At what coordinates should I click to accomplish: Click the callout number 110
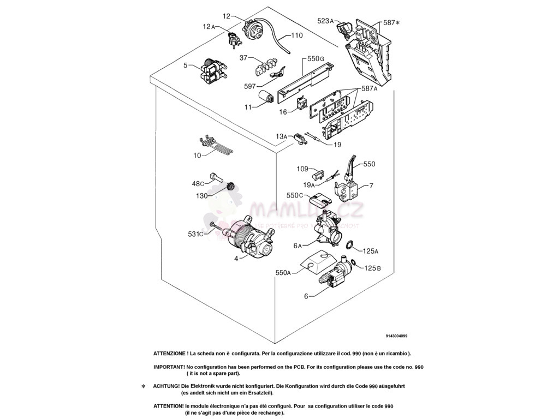(296, 35)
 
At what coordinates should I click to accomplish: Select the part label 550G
(316, 58)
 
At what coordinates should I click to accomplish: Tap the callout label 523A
(325, 21)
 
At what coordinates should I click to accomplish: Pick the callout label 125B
(372, 268)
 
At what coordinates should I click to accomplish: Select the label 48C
(198, 183)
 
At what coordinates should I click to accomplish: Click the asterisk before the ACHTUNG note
(144, 387)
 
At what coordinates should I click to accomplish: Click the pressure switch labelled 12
(253, 28)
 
